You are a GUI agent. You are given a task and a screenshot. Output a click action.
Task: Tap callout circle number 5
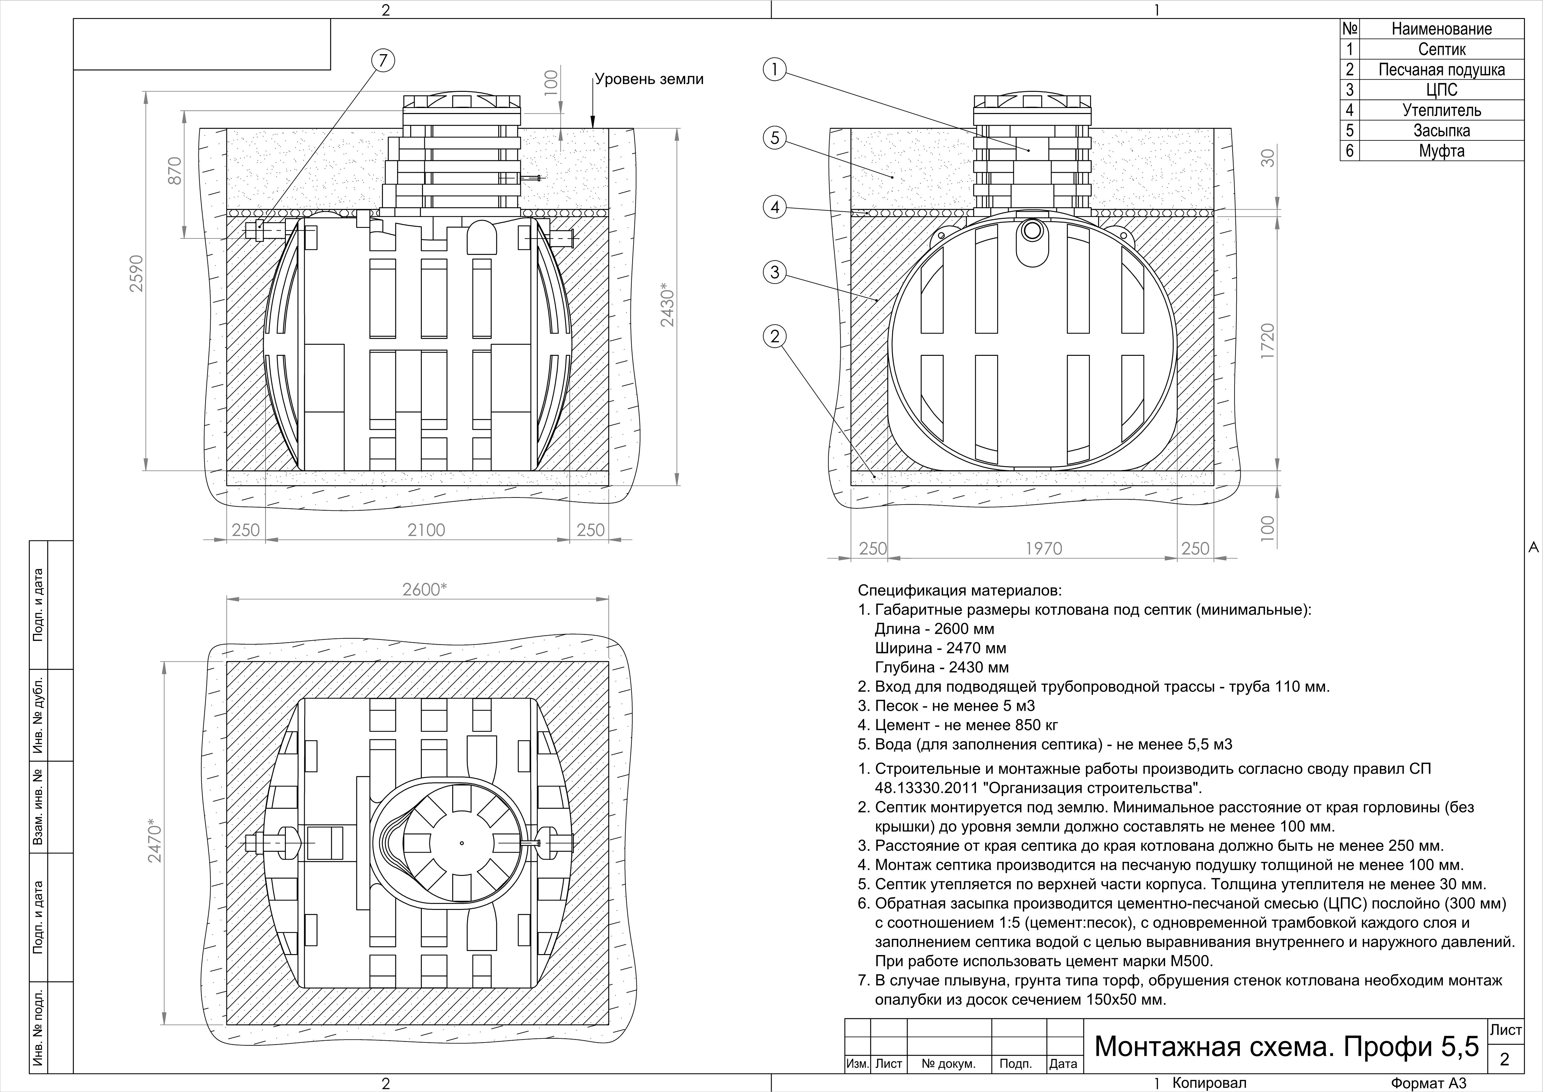point(775,138)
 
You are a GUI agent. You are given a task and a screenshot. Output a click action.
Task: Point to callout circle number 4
point(775,207)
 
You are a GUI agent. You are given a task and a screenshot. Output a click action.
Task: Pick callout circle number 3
point(775,272)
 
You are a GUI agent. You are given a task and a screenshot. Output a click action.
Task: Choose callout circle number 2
point(775,336)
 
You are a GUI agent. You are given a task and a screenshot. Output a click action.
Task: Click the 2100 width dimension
point(426,530)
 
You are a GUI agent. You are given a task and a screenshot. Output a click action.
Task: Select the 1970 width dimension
point(1044,549)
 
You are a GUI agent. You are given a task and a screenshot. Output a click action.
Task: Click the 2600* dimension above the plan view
point(425,589)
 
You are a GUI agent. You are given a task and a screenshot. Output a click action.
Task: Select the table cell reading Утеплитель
point(1442,110)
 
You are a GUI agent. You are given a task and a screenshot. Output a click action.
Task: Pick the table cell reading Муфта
point(1442,151)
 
